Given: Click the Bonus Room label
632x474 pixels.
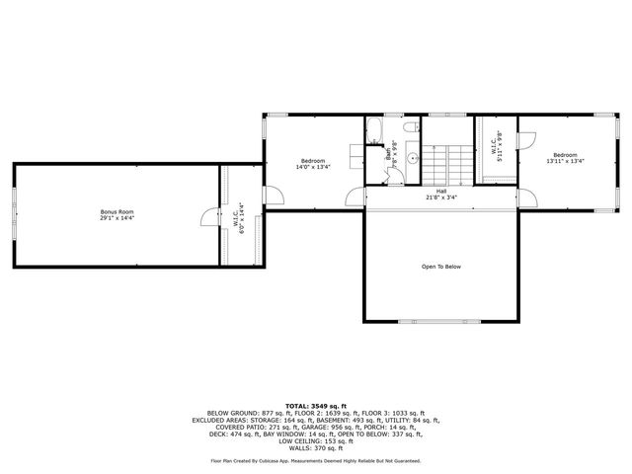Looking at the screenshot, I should tap(117, 211).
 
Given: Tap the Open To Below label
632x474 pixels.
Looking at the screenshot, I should tap(441, 267).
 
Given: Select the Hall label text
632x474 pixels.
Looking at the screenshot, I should tap(441, 192).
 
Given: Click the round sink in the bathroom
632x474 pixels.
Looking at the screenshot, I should tap(413, 155).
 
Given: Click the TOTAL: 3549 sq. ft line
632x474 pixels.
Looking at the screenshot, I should tap(315, 405).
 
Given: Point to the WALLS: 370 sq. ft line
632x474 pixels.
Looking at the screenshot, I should tap(315, 446).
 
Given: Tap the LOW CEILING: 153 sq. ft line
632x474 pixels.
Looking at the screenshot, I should tap(315, 439).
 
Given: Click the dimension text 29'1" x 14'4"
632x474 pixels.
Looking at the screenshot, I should tap(117, 217).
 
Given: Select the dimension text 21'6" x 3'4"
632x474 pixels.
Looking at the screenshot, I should tap(441, 197).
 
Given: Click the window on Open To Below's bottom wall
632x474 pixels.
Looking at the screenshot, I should tap(441, 322).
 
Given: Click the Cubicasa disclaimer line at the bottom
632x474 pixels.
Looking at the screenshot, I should tap(315, 460).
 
